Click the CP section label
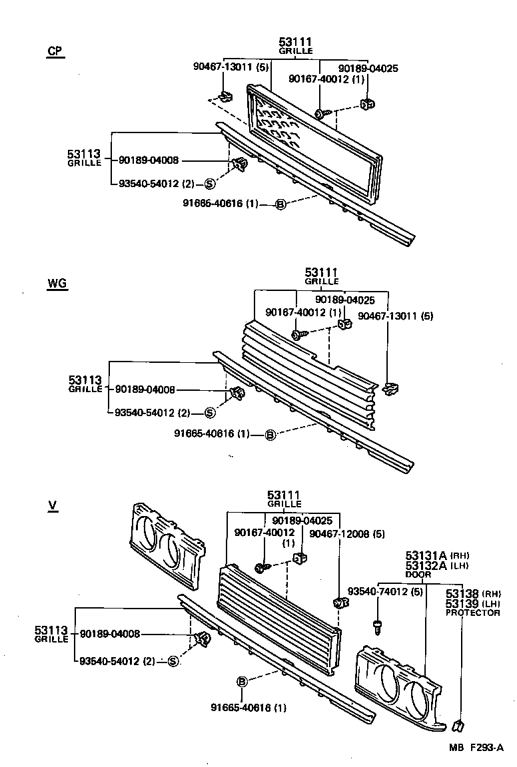(x=55, y=52)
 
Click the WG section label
(x=57, y=284)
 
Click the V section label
(x=53, y=506)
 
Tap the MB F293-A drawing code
(x=476, y=748)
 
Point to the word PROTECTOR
(x=472, y=613)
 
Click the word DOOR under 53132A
(x=418, y=574)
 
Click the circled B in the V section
(x=243, y=681)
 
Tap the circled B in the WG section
(x=270, y=435)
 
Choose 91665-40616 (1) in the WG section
(x=212, y=434)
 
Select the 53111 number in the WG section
(x=322, y=272)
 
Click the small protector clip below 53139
(x=457, y=724)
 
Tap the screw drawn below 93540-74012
(x=378, y=626)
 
